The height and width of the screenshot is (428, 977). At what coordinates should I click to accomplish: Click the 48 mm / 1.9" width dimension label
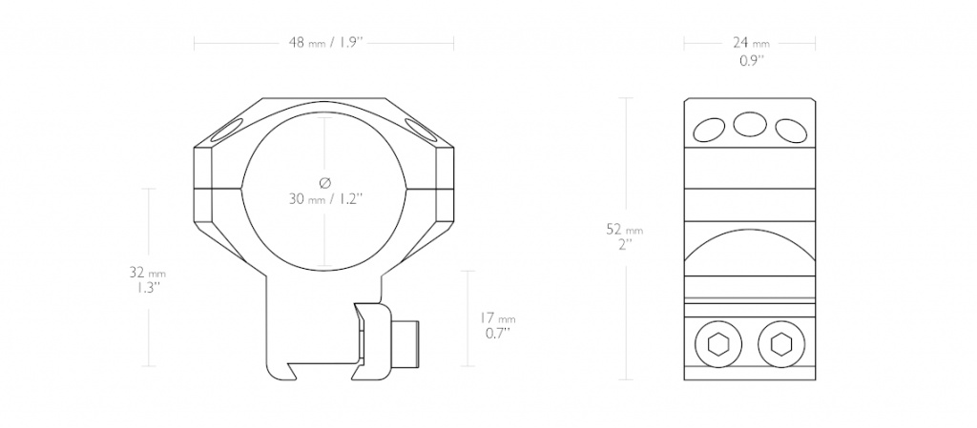tap(325, 43)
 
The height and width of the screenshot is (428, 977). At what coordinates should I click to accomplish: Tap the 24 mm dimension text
tap(751, 43)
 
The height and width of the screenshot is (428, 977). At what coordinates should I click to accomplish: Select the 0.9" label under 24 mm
tap(752, 60)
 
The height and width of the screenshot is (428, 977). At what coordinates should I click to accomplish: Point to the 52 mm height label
tap(624, 230)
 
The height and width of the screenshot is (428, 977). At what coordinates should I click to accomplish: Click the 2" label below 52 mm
tap(625, 244)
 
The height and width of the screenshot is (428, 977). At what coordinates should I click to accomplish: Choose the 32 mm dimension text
tap(148, 273)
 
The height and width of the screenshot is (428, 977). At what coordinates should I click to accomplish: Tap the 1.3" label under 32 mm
tap(148, 288)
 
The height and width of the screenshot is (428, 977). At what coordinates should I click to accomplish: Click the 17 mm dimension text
tap(497, 317)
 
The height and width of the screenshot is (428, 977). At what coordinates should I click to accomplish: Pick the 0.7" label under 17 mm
tap(497, 333)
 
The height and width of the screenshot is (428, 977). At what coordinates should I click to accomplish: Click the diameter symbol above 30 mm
tap(324, 182)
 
